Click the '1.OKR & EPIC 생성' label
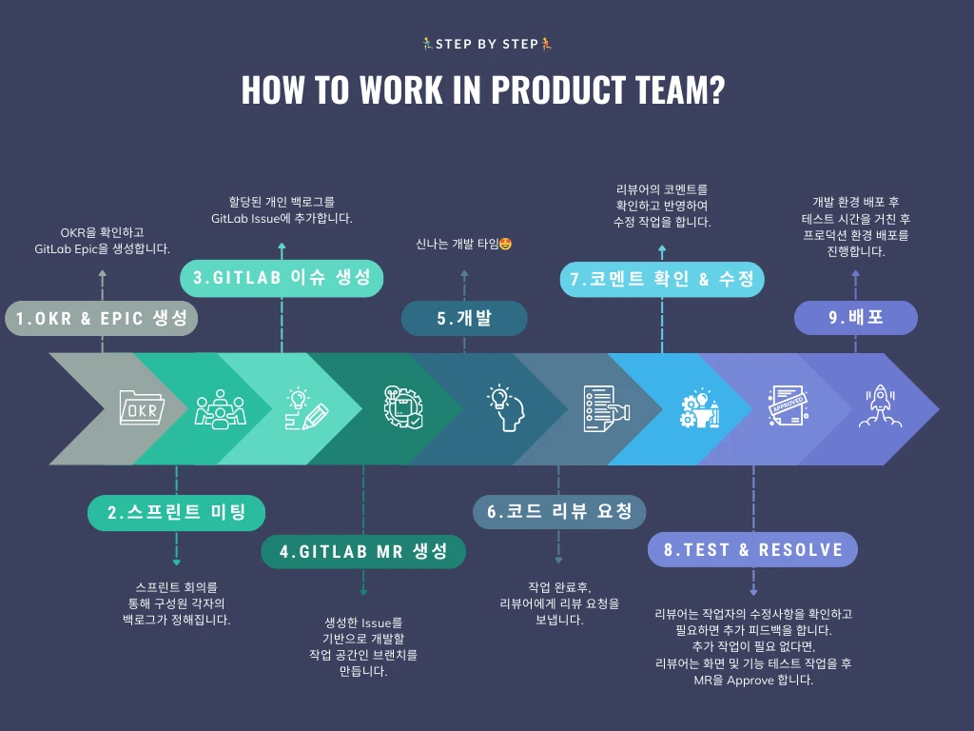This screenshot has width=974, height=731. click(102, 318)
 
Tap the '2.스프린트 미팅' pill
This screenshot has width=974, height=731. click(177, 512)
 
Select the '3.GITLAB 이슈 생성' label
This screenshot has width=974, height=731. click(282, 278)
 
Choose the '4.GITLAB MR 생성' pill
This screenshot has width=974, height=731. click(363, 551)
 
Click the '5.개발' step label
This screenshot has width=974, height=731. click(464, 318)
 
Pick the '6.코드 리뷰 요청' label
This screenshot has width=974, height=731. click(559, 512)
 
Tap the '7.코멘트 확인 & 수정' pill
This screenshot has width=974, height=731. click(662, 279)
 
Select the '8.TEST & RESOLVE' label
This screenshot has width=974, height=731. click(753, 549)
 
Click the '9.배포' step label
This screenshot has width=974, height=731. click(856, 318)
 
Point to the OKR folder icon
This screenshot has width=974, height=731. click(142, 408)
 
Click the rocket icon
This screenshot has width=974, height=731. click(880, 406)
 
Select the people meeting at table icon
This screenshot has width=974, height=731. click(220, 408)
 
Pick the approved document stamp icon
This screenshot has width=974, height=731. click(788, 407)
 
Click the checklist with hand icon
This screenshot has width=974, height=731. click(605, 408)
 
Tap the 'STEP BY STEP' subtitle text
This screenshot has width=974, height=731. click(486, 44)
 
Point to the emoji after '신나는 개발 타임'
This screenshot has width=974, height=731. click(505, 244)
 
